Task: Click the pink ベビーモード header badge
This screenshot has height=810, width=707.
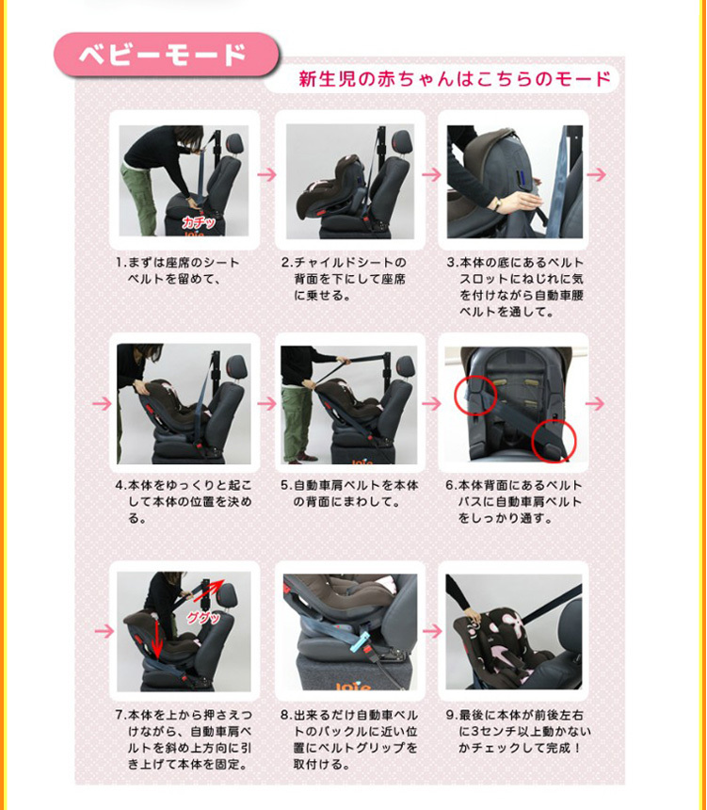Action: coord(166,55)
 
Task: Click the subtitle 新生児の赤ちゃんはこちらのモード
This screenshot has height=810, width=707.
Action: coord(455,78)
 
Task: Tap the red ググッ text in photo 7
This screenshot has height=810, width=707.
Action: coord(201,618)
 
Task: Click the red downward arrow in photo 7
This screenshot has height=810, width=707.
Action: coord(157,649)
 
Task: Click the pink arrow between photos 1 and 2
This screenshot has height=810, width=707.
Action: coord(267,175)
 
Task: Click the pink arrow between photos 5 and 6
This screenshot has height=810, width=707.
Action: coord(431,403)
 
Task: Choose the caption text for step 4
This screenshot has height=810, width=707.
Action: coord(184,502)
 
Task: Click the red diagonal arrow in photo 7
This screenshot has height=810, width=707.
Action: coord(218,593)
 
